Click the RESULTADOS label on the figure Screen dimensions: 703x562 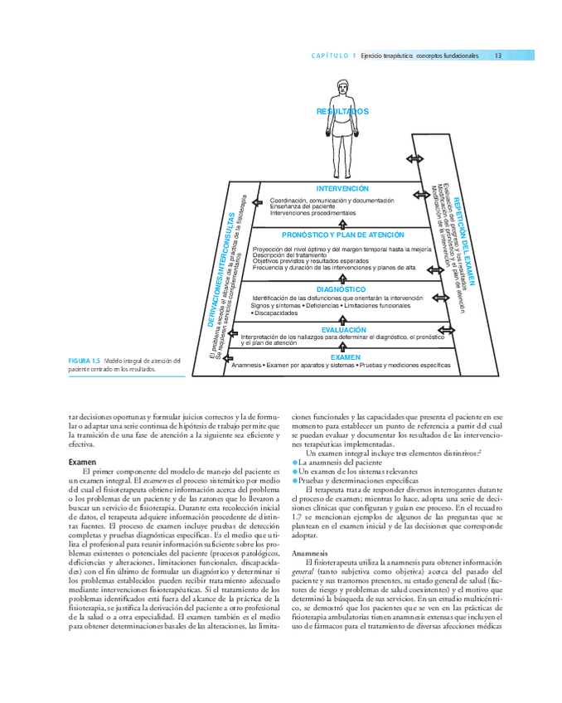click(x=342, y=111)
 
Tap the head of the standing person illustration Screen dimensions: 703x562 click(x=342, y=86)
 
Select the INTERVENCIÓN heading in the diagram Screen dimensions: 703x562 click(x=342, y=189)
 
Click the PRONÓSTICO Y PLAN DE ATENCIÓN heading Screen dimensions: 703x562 click(x=343, y=235)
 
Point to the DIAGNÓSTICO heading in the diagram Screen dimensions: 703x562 click(x=342, y=288)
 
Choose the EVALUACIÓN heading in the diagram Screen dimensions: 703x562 click(x=343, y=329)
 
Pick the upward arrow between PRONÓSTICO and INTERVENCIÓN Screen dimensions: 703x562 click(x=342, y=222)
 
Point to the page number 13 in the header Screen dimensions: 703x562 click(x=498, y=56)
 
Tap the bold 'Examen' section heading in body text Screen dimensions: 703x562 click(x=82, y=461)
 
